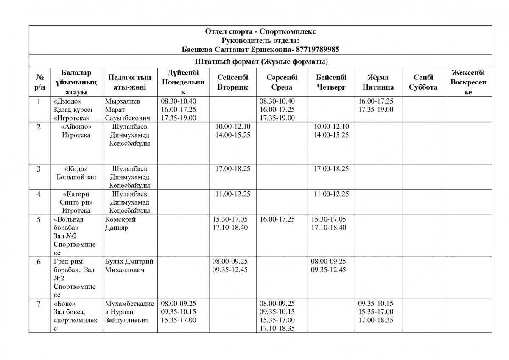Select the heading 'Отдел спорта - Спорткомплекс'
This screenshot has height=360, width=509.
point(260,31)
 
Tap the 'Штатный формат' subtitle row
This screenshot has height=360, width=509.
point(260,62)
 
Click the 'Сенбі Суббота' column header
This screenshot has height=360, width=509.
point(423,82)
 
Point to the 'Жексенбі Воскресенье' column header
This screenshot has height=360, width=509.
point(468,82)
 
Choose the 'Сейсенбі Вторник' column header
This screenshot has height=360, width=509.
point(232,82)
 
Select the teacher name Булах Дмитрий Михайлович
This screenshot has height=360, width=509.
point(129,266)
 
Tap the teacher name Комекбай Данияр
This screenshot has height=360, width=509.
point(120,224)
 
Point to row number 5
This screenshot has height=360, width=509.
point(39,219)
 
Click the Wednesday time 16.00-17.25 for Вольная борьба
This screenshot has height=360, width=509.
point(277,219)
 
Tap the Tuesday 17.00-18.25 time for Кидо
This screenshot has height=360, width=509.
point(233,169)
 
